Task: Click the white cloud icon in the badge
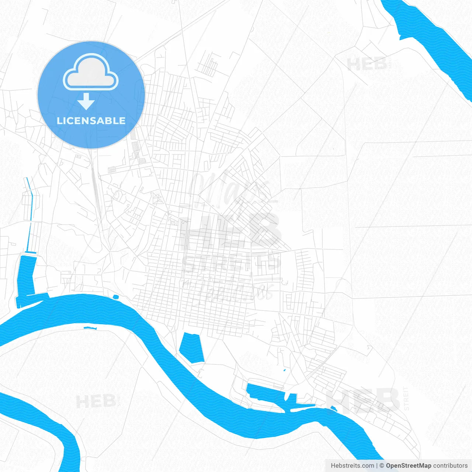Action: (x=91, y=73)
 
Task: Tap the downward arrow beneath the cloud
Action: (x=86, y=101)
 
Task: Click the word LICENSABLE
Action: (x=91, y=121)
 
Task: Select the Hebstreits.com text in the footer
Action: (x=353, y=466)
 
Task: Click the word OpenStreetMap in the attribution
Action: (x=409, y=466)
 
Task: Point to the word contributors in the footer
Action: (x=450, y=466)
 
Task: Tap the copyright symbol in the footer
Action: (x=382, y=466)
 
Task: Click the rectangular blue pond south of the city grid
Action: (x=192, y=347)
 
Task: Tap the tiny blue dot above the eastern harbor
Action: (x=284, y=370)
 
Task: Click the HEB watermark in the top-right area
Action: (x=367, y=65)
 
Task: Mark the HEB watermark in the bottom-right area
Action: (x=363, y=400)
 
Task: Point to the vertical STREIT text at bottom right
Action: (x=406, y=398)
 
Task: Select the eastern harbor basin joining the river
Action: (x=269, y=396)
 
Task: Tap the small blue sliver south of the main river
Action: (x=90, y=328)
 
